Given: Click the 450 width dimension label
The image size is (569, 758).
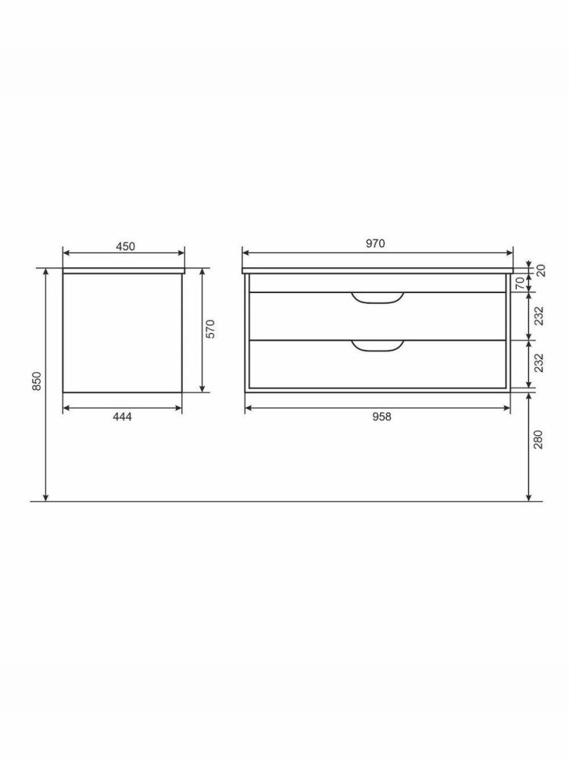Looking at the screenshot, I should [x=125, y=246].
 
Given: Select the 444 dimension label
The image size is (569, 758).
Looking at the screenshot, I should [x=122, y=417].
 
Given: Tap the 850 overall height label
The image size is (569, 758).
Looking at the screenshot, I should [x=36, y=382].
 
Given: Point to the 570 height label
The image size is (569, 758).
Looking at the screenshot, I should [x=210, y=328].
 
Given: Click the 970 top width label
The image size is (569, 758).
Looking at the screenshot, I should [x=375, y=244].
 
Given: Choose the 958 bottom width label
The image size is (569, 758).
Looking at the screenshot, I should [x=381, y=417].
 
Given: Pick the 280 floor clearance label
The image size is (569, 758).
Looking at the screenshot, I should [x=539, y=442].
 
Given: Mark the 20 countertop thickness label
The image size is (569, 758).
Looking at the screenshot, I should [x=541, y=270].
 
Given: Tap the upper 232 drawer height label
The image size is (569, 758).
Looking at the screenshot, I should [x=539, y=316].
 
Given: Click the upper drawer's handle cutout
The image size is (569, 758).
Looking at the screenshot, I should [x=378, y=298].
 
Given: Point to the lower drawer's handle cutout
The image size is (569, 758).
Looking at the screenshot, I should [x=378, y=346].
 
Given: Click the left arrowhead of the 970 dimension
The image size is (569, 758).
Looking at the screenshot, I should [x=245, y=252].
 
